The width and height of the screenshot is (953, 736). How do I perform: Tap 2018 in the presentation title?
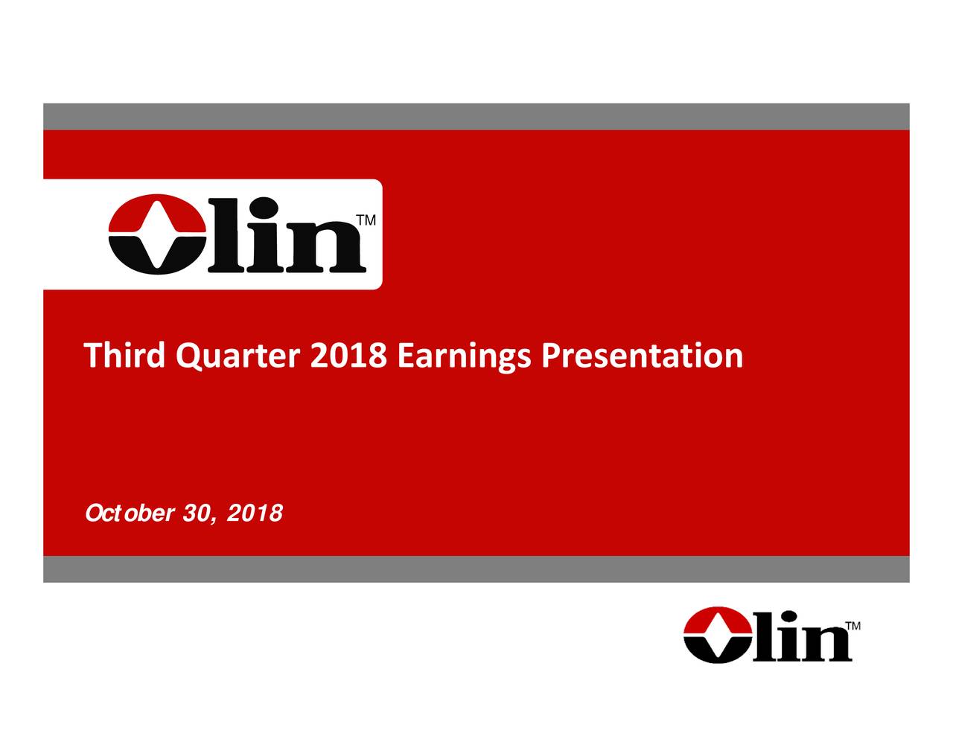pyautogui.click(x=347, y=356)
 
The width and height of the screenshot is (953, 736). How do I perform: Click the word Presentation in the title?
pyautogui.click(x=641, y=356)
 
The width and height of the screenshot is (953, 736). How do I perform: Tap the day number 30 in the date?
pyautogui.click(x=198, y=513)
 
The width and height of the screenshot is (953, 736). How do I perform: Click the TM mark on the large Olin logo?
pyautogui.click(x=366, y=221)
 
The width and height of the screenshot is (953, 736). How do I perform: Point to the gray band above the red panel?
pyautogui.click(x=476, y=116)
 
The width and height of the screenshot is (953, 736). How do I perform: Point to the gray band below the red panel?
pyautogui.click(x=476, y=569)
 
